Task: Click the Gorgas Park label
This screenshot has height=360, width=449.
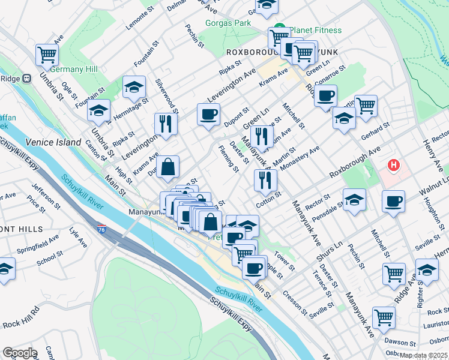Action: pyautogui.click(x=228, y=23)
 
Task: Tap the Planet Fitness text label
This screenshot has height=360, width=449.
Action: pyautogui.click(x=316, y=30)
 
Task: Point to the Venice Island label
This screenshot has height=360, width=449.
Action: pyautogui.click(x=53, y=142)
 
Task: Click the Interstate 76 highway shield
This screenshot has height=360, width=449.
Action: pyautogui.click(x=103, y=229)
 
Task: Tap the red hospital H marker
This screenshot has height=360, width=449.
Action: pyautogui.click(x=394, y=164)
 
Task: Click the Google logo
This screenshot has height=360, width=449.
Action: pyautogui.click(x=19, y=353)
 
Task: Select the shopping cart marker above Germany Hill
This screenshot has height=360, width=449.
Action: pyautogui.click(x=47, y=55)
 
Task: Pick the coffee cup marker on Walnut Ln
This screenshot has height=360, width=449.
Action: pyautogui.click(x=393, y=201)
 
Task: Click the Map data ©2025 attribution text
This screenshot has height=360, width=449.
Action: pyautogui.click(x=423, y=355)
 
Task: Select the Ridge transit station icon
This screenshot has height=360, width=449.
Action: pyautogui.click(x=26, y=78)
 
